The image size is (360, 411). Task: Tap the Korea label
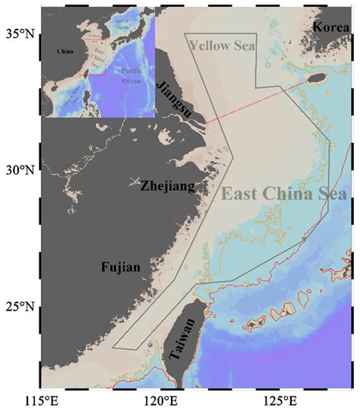pos(330,27)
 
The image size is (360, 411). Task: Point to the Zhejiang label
pos(167,185)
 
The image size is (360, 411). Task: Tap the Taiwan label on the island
pos(185,341)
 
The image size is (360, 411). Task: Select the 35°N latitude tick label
pos(21,33)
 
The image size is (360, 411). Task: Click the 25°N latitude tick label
pos(21,308)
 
